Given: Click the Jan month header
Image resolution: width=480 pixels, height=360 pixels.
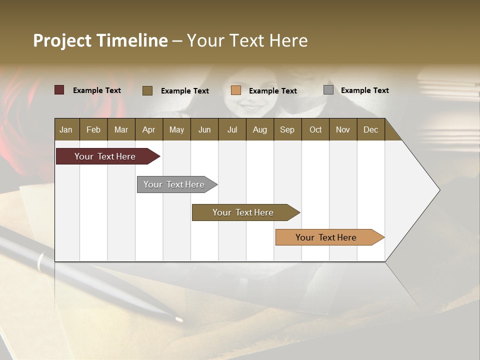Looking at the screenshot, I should click(x=66, y=129).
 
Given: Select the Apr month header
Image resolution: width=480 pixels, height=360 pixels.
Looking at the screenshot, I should click(x=148, y=129).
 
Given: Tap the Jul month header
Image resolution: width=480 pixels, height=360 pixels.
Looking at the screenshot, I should click(x=232, y=129).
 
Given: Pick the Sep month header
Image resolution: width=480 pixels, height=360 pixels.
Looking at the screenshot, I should click(x=287, y=129).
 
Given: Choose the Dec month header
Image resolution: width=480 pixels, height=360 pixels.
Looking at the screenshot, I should click(x=370, y=129).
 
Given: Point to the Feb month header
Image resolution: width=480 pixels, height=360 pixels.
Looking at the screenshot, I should click(x=93, y=129).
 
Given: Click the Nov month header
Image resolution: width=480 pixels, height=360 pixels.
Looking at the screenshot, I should click(x=342, y=129).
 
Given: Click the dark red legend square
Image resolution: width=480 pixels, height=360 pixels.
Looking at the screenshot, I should click(x=59, y=90).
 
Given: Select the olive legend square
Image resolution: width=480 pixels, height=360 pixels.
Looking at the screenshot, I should click(x=147, y=90).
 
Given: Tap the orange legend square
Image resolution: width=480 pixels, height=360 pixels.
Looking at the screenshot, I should click(x=236, y=90).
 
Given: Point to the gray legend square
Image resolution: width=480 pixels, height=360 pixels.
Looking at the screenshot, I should click(x=328, y=90).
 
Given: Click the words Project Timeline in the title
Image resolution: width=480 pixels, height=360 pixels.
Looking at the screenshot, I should click(x=100, y=40).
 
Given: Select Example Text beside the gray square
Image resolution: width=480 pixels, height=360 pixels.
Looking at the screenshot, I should click(x=364, y=90).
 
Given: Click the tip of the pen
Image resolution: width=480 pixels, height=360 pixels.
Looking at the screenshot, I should click(x=179, y=319).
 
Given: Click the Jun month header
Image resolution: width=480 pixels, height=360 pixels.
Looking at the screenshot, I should click(x=204, y=129).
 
